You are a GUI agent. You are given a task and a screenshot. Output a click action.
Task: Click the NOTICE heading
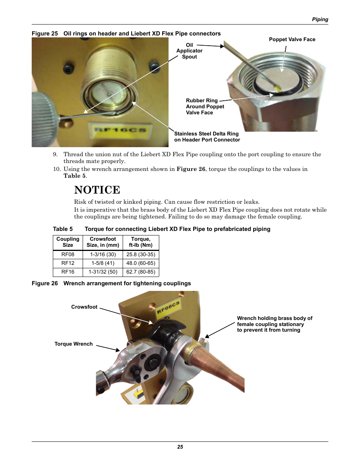97,190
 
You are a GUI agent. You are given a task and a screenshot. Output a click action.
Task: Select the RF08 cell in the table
68,255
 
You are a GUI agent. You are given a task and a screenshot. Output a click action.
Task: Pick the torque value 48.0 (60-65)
141,263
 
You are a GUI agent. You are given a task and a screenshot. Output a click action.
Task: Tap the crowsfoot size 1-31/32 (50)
103,272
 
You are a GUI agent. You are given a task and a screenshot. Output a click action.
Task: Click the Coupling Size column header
68,242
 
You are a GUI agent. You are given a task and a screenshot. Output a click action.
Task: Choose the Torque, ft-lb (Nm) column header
141,242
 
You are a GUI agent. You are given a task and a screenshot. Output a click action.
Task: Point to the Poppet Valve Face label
292,40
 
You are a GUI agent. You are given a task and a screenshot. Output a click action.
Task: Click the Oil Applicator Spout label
189,51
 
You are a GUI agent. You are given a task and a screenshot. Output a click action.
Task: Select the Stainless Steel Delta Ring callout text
207,137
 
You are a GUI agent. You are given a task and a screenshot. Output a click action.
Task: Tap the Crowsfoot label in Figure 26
84,307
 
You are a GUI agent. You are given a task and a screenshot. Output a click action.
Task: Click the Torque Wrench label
74,344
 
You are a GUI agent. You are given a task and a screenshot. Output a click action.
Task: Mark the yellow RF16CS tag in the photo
120,131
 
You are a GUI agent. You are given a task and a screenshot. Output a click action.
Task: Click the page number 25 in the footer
180,447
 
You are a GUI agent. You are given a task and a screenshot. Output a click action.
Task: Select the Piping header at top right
320,20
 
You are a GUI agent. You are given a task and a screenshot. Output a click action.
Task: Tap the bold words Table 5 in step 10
74,176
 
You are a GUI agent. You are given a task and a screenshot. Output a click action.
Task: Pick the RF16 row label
68,272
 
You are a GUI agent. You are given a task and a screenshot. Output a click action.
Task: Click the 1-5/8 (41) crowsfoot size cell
103,263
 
